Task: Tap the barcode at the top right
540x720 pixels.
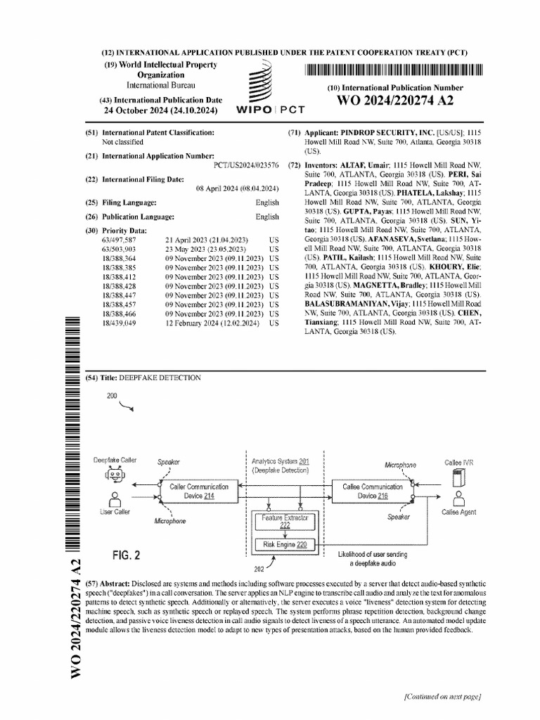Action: [394, 70]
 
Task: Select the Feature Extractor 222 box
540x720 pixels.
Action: [285, 521]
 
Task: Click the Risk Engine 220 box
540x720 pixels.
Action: [285, 544]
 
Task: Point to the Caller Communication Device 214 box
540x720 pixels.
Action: [199, 491]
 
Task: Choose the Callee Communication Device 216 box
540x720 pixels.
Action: [372, 491]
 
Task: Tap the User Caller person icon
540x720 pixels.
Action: [115, 497]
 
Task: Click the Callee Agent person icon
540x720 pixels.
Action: [458, 498]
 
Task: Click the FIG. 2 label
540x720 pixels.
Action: [127, 555]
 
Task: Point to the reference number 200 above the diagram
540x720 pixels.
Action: [112, 397]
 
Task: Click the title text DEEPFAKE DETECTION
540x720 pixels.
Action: [160, 378]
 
